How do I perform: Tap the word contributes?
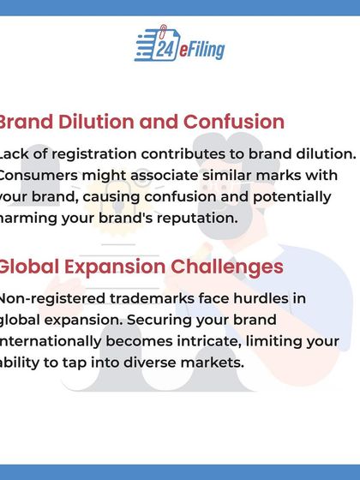tap(193, 153)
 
